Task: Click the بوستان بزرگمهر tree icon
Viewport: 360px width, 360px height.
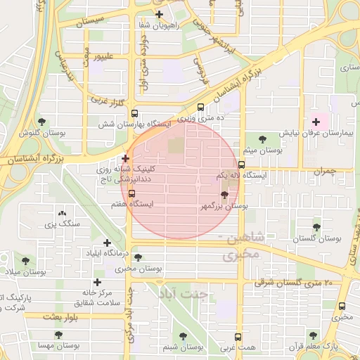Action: pos(224,195)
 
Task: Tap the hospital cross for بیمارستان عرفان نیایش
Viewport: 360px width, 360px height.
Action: pos(316,122)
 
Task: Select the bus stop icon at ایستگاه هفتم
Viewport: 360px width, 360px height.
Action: pos(131,193)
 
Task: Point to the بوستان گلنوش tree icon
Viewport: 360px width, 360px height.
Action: pos(41,122)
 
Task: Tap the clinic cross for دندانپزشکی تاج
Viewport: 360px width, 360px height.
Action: pos(125,159)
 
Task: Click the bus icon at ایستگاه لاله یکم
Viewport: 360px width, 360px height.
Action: pos(241,165)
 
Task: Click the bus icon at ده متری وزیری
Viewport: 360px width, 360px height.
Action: pos(201,108)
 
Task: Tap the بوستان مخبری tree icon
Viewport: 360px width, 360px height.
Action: pos(138,257)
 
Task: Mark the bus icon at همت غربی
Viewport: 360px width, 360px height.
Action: pos(238,337)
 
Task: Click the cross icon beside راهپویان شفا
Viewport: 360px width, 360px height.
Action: pos(160,14)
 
